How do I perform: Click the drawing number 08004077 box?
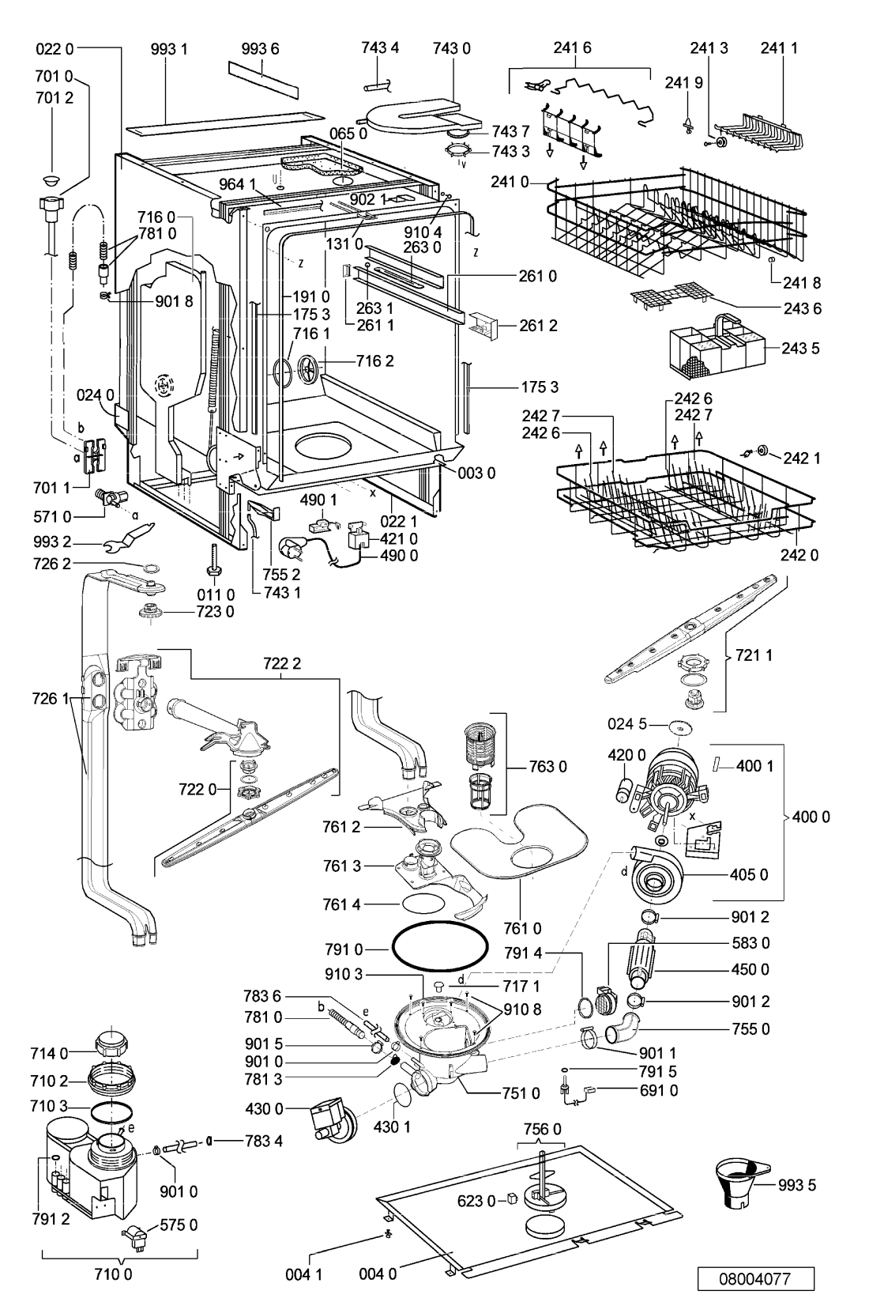click(x=755, y=1279)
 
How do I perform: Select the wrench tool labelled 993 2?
click(x=129, y=538)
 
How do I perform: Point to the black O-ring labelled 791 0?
click(x=439, y=949)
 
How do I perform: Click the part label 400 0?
click(x=811, y=817)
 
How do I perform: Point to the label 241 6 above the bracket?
click(x=572, y=48)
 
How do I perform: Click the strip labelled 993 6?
click(x=263, y=78)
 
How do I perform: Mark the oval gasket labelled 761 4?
click(x=423, y=904)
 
